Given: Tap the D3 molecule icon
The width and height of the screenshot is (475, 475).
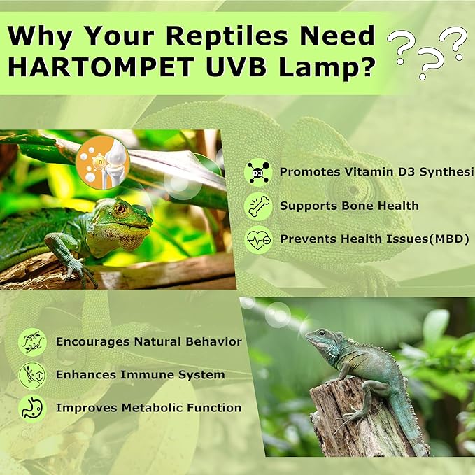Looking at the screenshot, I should pos(258,172).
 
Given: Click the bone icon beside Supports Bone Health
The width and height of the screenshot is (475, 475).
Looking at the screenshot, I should pos(258,206).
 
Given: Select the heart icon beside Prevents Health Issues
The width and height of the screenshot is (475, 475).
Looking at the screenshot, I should pos(258,239).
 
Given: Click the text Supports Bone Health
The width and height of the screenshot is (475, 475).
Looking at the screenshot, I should pos(349,206).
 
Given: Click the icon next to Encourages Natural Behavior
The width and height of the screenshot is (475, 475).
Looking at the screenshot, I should pos(32,342).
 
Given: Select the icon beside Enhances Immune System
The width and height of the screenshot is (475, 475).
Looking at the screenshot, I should pos(32,375).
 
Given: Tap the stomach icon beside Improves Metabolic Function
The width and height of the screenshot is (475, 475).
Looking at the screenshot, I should pos(32,408).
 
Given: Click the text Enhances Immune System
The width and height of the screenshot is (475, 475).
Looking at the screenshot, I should pos(140,375).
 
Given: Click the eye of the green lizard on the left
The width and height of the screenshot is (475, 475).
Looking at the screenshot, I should pos(120,208).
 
